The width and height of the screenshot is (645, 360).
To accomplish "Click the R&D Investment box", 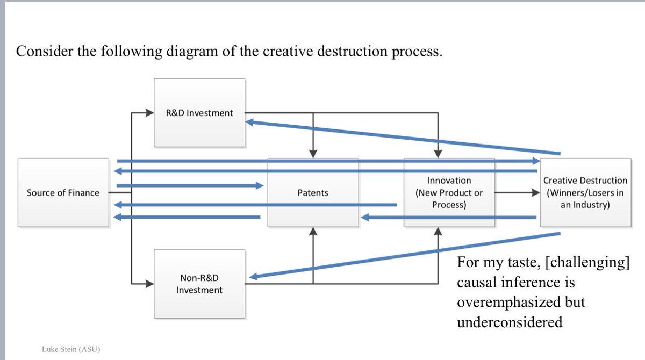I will pyautogui.click(x=199, y=113).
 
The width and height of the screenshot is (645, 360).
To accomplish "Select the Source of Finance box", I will pyautogui.click(x=63, y=192).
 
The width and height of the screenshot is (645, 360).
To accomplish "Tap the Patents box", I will pyautogui.click(x=313, y=192).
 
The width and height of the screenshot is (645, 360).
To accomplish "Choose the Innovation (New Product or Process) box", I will pyautogui.click(x=449, y=192).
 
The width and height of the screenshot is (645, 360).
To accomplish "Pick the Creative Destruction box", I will pyautogui.click(x=585, y=192).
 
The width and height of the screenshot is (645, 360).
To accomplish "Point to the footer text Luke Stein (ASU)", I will pyautogui.click(x=71, y=349).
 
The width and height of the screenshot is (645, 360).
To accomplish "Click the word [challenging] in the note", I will pyautogui.click(x=591, y=263).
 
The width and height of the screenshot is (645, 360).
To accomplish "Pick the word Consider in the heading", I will pyautogui.click(x=44, y=52).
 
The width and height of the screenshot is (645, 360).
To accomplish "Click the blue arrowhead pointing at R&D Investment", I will pyautogui.click(x=250, y=123).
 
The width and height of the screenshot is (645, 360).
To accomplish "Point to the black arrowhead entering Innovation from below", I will pyautogui.click(x=438, y=232).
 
